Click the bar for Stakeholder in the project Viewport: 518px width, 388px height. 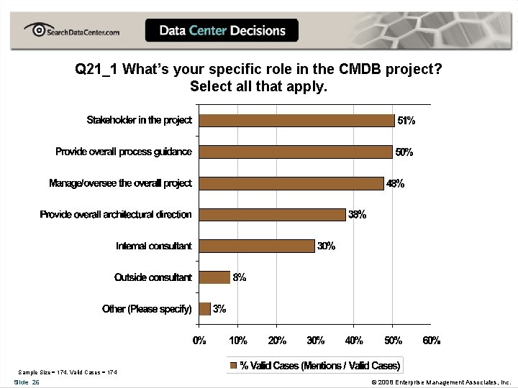pyautogui.click(x=296, y=121)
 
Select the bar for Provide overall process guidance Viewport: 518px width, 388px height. pyautogui.click(x=295, y=152)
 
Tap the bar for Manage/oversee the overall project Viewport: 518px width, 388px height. pyautogui.click(x=291, y=183)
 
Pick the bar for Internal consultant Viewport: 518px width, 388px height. pyautogui.click(x=257, y=246)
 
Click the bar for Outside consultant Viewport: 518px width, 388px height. pyautogui.click(x=214, y=277)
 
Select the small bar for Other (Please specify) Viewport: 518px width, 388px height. pyautogui.click(x=205, y=308)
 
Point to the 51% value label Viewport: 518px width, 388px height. pyautogui.click(x=406, y=121)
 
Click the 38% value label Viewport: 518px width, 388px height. pyautogui.click(x=358, y=215)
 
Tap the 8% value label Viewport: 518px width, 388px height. pyautogui.click(x=239, y=277)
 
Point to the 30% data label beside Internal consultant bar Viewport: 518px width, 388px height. pyautogui.click(x=326, y=246)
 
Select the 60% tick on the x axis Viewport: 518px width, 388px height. pyautogui.click(x=431, y=340)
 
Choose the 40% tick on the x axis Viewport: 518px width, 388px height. pyautogui.click(x=354, y=340)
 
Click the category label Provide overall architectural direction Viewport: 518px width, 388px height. pyautogui.click(x=116, y=215)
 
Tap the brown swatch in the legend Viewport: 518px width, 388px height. pyautogui.click(x=232, y=366)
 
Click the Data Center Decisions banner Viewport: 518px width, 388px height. pyautogui.click(x=222, y=31)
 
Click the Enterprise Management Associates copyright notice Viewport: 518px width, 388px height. pyautogui.click(x=440, y=382)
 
